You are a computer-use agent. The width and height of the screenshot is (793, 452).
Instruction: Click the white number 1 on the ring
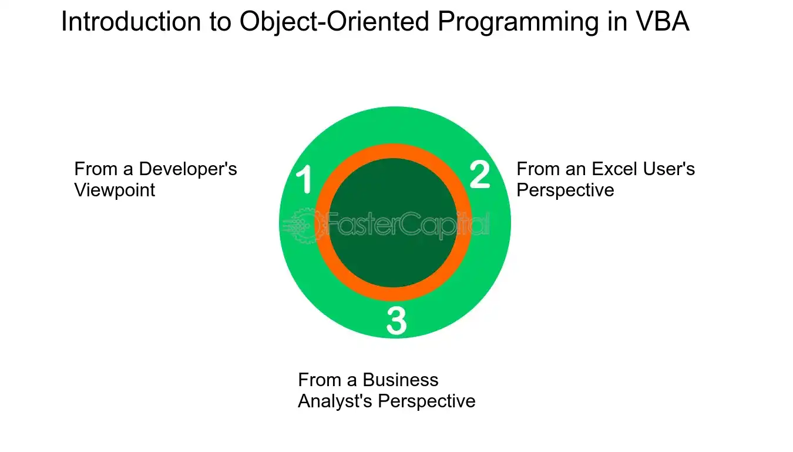304,179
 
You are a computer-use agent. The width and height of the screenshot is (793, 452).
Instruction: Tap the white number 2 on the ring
480,174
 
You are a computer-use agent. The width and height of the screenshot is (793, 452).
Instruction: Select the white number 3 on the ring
396,321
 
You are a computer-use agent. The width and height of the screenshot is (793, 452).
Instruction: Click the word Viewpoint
115,190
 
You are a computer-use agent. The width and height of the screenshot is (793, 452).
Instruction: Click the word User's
668,169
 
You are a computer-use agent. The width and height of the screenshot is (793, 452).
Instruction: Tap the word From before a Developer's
96,169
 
